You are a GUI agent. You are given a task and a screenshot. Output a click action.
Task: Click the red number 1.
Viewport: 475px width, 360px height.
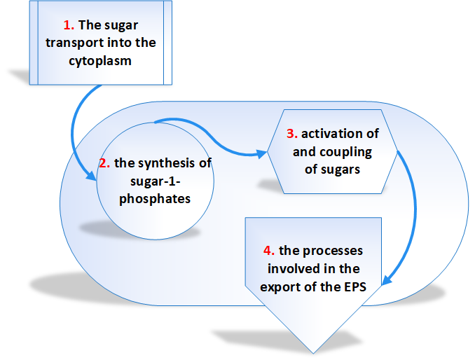click(x=69, y=25)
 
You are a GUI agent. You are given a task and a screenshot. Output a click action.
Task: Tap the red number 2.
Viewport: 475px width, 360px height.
click(x=104, y=163)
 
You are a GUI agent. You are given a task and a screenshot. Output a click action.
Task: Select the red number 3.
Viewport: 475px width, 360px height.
click(x=292, y=134)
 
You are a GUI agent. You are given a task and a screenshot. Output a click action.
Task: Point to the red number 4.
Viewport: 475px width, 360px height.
click(x=269, y=251)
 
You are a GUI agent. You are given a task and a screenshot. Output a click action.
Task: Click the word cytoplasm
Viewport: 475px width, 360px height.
click(x=100, y=61)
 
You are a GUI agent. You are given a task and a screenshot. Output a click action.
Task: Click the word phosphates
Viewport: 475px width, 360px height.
click(x=155, y=199)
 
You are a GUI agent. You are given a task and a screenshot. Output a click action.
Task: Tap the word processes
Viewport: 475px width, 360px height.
click(x=333, y=251)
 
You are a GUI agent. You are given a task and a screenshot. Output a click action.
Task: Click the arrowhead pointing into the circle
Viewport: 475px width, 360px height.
click(x=92, y=176)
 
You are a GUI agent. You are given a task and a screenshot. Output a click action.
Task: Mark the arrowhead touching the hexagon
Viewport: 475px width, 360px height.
click(x=262, y=154)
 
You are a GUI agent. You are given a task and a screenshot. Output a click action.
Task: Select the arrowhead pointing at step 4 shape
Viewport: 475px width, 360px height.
click(x=387, y=280)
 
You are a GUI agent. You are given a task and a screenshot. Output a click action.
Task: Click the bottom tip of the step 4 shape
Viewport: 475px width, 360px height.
click(x=313, y=353)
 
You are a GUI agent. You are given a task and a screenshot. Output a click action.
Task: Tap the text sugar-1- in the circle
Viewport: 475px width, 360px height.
click(x=155, y=181)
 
